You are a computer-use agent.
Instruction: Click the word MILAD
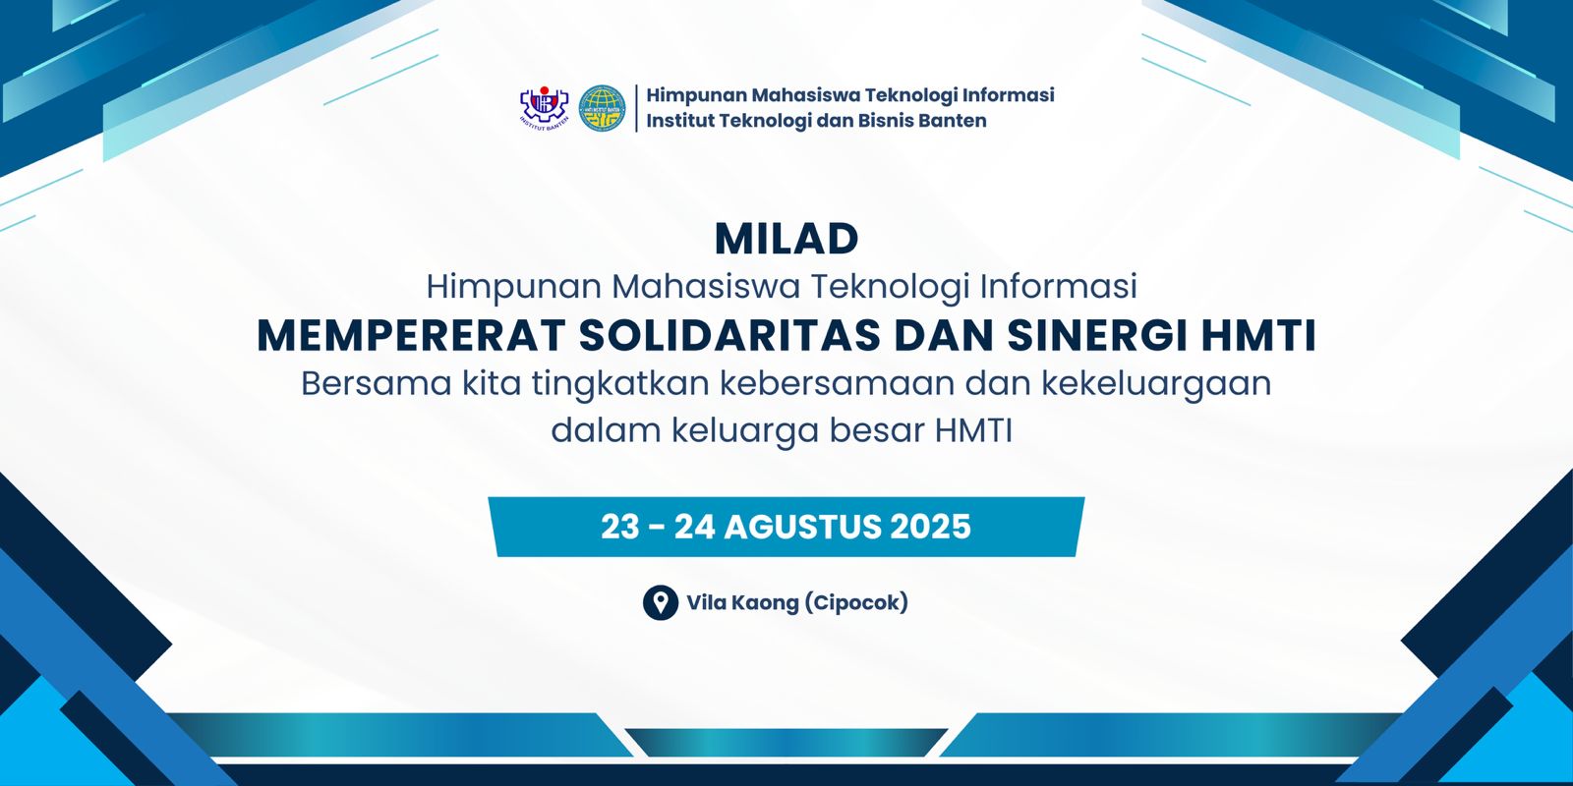pos(786,240)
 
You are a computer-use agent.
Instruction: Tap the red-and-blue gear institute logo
pos(544,107)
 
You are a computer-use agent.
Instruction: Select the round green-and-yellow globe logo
pos(602,109)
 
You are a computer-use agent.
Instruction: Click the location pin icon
pos(660,603)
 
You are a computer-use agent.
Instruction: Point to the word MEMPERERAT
pos(412,335)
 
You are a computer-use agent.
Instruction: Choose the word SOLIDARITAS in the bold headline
pos(729,335)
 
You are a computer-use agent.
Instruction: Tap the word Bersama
pos(376,384)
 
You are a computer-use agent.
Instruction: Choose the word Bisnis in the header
pos(880,121)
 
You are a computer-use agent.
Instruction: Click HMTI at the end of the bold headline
pos(1258,335)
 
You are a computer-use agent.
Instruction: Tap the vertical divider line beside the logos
pos(637,108)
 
